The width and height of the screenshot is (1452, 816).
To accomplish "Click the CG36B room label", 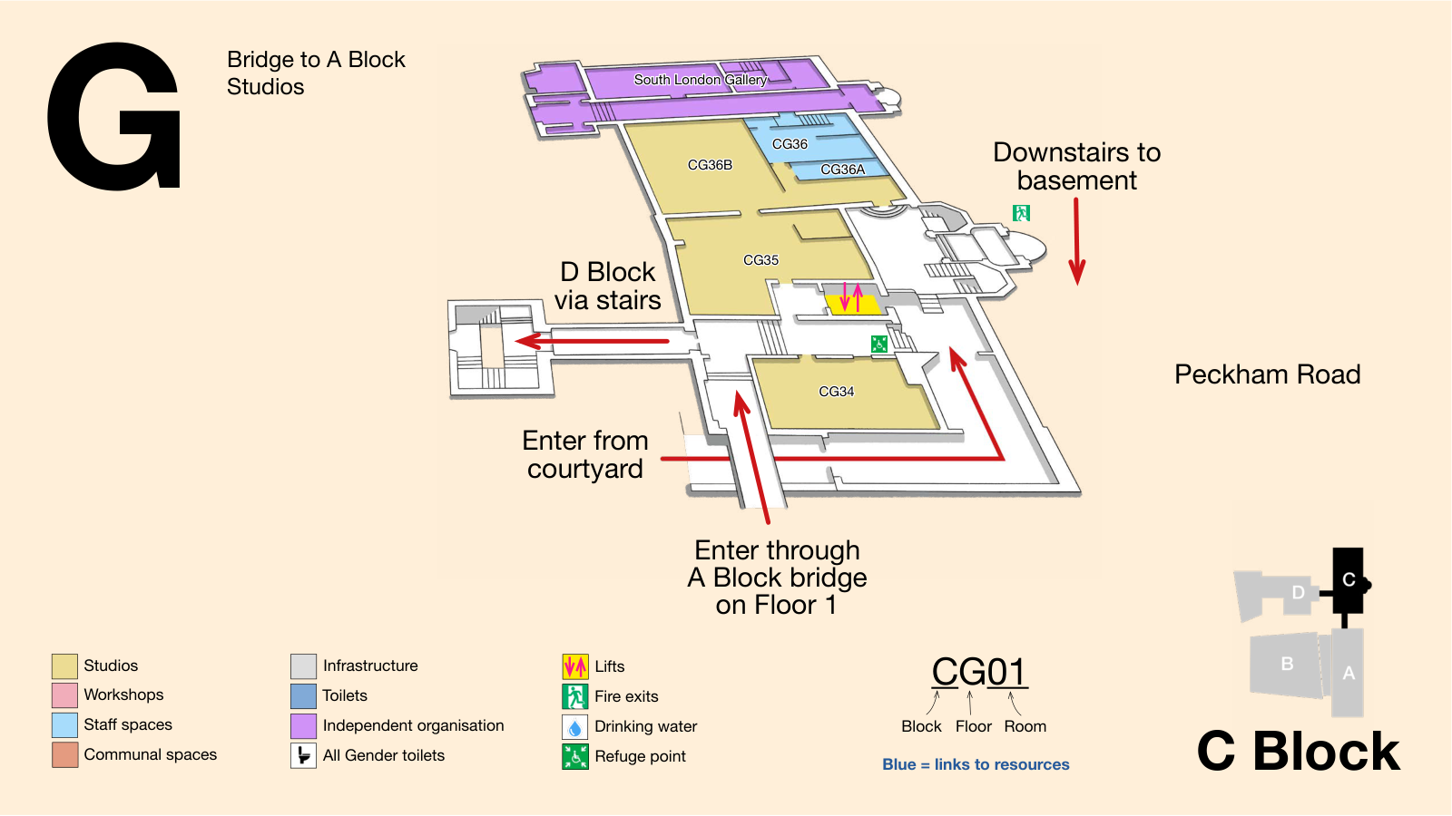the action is [710, 165].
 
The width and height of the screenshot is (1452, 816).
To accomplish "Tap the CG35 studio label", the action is [761, 260].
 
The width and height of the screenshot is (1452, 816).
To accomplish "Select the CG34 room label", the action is [836, 392].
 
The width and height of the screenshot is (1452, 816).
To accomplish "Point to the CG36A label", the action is [843, 170].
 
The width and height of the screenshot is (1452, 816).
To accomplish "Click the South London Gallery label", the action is [700, 80].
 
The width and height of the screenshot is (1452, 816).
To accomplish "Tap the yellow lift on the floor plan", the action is [852, 305].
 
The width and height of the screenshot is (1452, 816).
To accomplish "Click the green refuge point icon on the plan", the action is [879, 344].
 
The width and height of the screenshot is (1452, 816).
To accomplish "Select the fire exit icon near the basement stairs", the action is [1021, 213].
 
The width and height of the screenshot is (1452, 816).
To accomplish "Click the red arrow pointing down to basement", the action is [1076, 241].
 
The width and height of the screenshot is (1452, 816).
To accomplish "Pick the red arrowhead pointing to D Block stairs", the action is [527, 341].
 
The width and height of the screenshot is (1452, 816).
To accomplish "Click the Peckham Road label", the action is [1267, 374].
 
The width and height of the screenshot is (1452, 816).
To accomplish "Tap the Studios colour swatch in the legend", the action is [64, 665].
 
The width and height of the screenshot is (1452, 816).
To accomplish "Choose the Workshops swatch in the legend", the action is [64, 695].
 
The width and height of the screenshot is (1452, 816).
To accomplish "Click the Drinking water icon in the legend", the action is [575, 726].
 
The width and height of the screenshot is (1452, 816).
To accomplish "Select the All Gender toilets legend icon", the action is [303, 756].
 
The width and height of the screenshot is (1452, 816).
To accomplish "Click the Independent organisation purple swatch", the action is [303, 726].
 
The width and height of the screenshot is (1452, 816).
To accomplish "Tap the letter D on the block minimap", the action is [1298, 593].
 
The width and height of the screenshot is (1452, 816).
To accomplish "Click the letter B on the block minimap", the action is [1288, 664].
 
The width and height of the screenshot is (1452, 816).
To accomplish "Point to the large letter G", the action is [114, 117].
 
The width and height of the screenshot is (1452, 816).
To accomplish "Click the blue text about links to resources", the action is [976, 765].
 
